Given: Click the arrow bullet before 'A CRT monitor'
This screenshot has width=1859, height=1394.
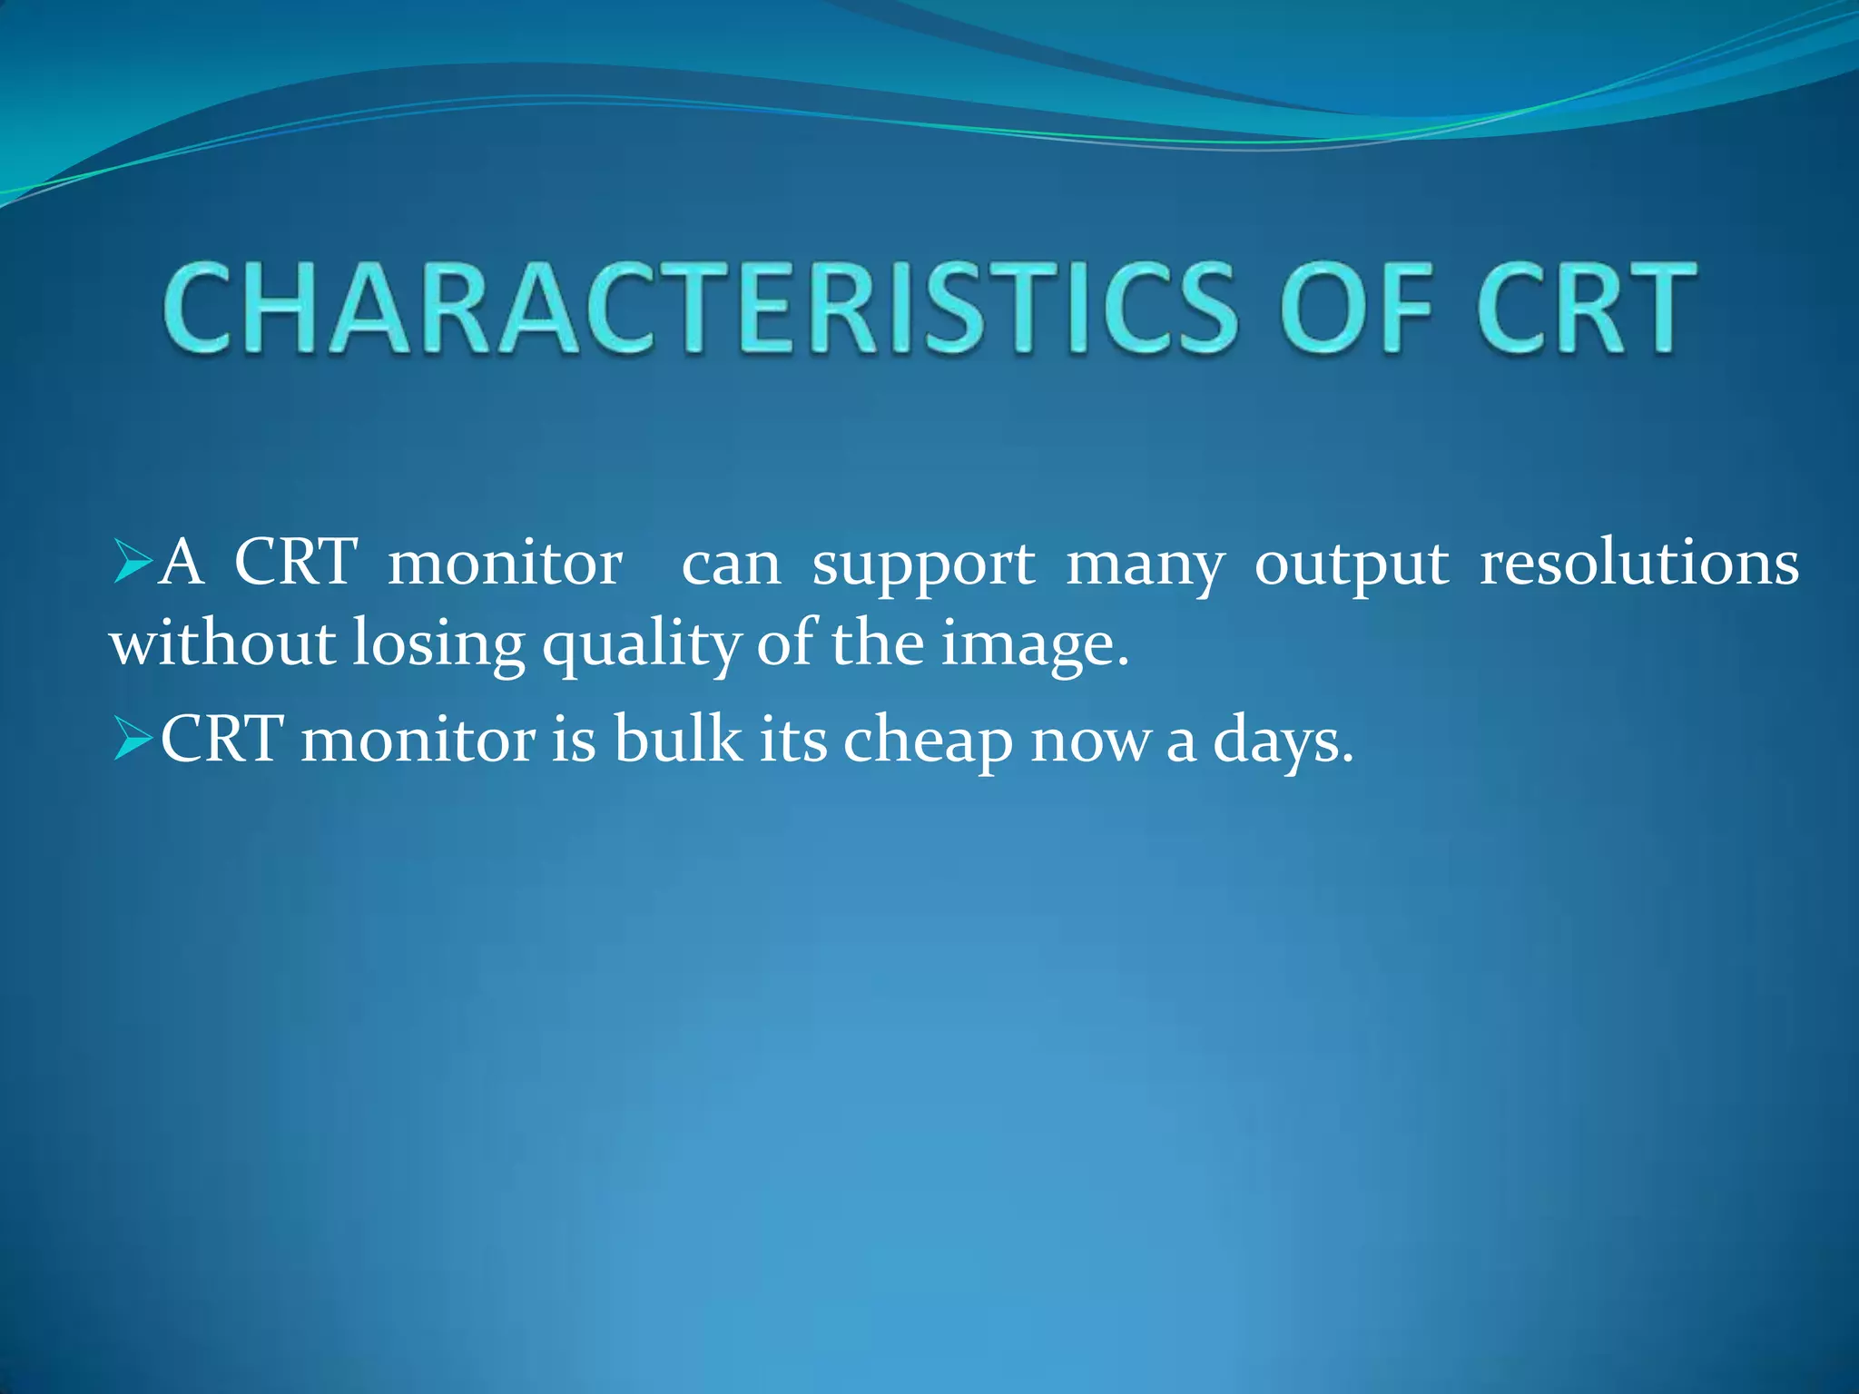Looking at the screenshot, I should tap(133, 564).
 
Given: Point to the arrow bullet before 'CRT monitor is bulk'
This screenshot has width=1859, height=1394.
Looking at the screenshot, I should tap(133, 740).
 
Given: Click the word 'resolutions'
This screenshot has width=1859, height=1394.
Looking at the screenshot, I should tap(1638, 564).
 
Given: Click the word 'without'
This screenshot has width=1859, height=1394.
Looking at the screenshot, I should tap(222, 643).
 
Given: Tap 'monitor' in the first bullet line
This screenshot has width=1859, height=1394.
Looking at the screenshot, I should tap(505, 564).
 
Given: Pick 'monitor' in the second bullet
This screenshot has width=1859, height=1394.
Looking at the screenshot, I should tap(418, 740).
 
